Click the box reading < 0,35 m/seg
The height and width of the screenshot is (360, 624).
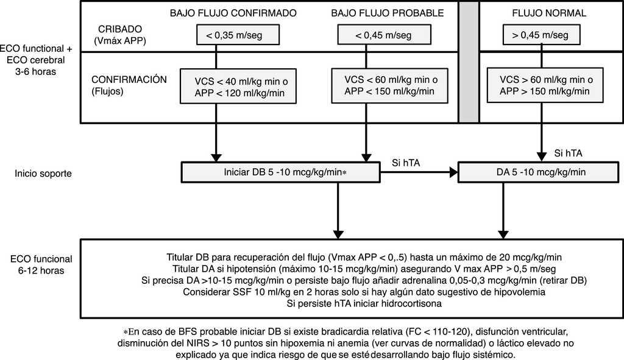coord(238,35)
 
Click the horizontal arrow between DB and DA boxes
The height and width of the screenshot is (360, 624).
coord(414,173)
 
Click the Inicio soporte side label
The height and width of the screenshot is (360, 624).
coord(44,173)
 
